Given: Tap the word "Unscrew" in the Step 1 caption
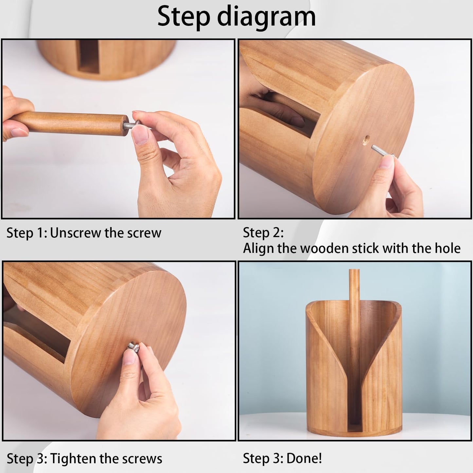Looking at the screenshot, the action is pyautogui.click(x=76, y=233).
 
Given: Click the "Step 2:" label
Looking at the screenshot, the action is pyautogui.click(x=263, y=232).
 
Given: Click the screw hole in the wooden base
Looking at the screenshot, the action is pyautogui.click(x=367, y=140).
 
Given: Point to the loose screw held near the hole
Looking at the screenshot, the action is pyautogui.click(x=382, y=150).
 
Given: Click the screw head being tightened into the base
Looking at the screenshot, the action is pyautogui.click(x=133, y=347).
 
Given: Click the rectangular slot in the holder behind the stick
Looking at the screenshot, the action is pyautogui.click(x=88, y=57).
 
